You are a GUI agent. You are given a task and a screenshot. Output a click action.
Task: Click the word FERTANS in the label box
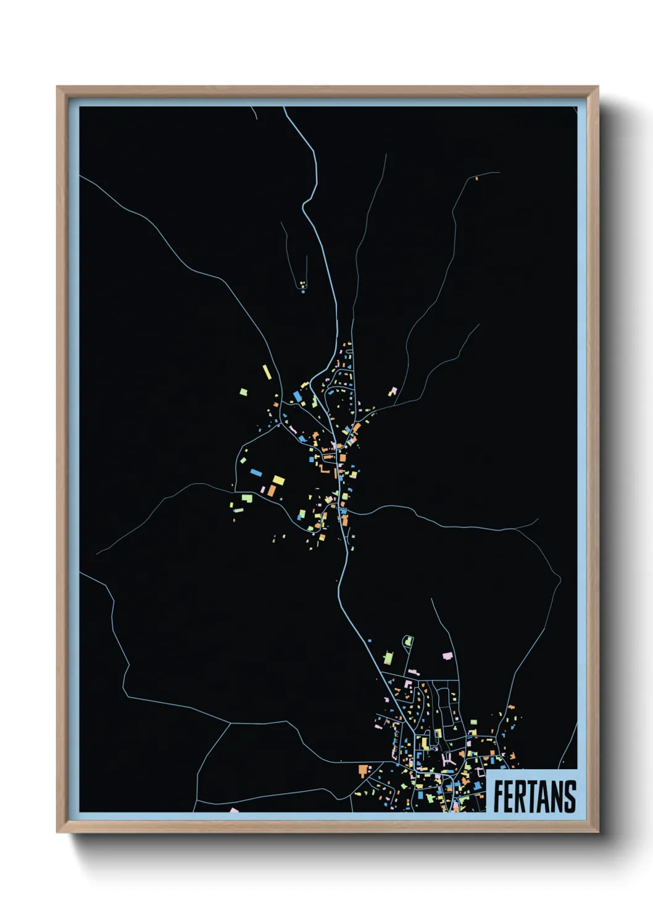point(534,796)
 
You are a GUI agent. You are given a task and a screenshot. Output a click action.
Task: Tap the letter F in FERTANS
point(499,796)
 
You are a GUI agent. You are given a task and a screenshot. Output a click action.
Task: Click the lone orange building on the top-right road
point(476,178)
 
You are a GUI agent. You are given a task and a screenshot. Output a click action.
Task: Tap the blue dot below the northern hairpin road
point(303,291)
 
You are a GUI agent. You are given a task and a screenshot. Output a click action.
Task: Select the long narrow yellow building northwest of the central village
point(267,372)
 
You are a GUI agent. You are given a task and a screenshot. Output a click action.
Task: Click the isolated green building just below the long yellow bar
point(244,392)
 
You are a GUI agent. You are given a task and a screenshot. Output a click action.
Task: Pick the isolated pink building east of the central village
point(393,391)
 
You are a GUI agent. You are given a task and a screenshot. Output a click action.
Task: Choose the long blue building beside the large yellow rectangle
point(256,473)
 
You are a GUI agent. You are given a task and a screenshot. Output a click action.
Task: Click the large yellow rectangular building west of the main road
point(278,480)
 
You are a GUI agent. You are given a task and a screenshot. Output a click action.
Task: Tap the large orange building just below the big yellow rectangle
point(272,491)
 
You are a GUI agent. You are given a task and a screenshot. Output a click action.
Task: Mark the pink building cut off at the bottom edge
point(234,810)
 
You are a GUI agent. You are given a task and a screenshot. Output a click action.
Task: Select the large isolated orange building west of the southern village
point(363,770)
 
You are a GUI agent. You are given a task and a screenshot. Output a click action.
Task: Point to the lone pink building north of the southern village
point(447,655)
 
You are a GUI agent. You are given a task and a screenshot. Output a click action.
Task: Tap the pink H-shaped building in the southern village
point(449,760)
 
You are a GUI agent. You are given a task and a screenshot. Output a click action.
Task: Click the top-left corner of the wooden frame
point(57,88)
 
